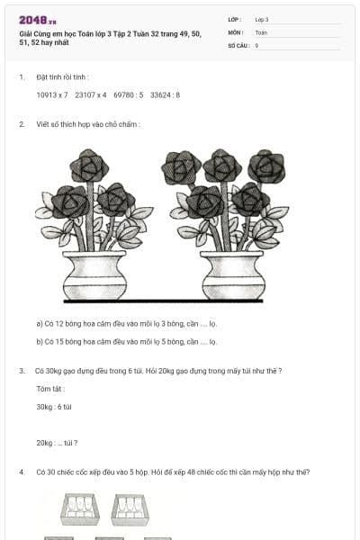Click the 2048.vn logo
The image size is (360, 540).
pyautogui.click(x=38, y=21)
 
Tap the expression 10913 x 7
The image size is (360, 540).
pyautogui.click(x=52, y=95)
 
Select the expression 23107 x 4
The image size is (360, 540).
pyautogui.click(x=91, y=95)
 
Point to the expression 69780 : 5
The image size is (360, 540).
pyautogui.click(x=128, y=95)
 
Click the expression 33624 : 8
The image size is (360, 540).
pyautogui.click(x=165, y=95)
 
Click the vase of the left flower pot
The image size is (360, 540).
pyautogui.click(x=94, y=275)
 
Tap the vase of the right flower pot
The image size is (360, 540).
pyautogui.click(x=233, y=275)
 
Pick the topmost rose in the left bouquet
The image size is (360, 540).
pyautogui.click(x=89, y=166)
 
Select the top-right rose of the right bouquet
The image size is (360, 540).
pyautogui.click(x=266, y=166)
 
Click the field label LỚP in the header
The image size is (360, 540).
pyautogui.click(x=234, y=20)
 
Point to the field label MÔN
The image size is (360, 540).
pyautogui.click(x=235, y=32)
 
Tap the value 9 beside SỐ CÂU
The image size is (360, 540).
pyautogui.click(x=256, y=46)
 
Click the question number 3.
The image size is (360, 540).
pyautogui.click(x=22, y=371)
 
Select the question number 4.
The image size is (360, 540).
pyautogui.click(x=22, y=472)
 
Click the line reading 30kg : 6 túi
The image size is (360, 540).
pyautogui.click(x=54, y=407)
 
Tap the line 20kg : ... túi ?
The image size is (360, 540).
pyautogui.click(x=57, y=443)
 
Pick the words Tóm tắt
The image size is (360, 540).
pyautogui.click(x=50, y=389)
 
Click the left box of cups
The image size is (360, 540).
pyautogui.click(x=80, y=509)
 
